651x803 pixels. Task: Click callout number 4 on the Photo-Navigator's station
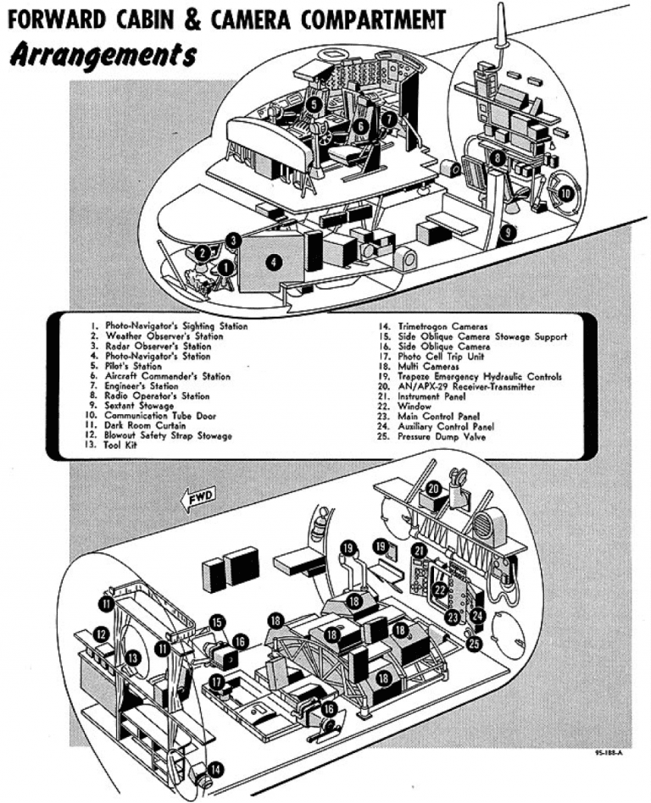pyautogui.click(x=273, y=262)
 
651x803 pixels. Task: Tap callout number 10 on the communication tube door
pyautogui.click(x=565, y=193)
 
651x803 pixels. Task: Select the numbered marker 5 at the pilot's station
pyautogui.click(x=314, y=104)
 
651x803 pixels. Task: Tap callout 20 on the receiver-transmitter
pyautogui.click(x=432, y=488)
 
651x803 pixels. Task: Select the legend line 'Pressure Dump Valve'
pyautogui.click(x=439, y=436)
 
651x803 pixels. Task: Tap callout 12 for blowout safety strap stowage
pyautogui.click(x=102, y=633)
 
